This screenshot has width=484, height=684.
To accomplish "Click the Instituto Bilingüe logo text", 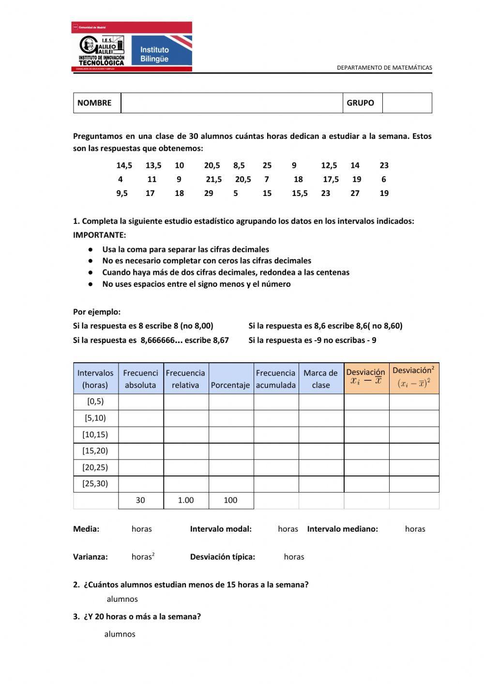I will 154,54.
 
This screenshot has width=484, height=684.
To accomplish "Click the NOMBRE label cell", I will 94,103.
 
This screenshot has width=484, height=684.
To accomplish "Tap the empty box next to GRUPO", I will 407,103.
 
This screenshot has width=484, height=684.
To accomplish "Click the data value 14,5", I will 124,165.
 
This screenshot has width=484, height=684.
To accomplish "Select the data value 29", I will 209,193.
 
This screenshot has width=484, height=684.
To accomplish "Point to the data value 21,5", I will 213,179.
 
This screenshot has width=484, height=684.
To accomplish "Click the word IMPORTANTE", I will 99,235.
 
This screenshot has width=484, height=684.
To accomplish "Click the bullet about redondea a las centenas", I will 226,272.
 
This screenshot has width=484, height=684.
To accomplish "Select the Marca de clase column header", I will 320,379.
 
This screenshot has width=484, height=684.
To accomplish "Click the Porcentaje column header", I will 230,385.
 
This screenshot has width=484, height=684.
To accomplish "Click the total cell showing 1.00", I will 186,500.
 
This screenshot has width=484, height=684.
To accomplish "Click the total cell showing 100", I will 230,500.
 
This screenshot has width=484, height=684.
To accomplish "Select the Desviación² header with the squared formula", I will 413,377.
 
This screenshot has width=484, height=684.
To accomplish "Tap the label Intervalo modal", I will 221,529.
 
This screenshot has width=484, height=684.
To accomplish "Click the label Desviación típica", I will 222,557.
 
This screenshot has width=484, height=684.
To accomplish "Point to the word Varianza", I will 91,557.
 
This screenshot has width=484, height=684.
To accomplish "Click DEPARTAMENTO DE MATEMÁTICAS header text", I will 384,68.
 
